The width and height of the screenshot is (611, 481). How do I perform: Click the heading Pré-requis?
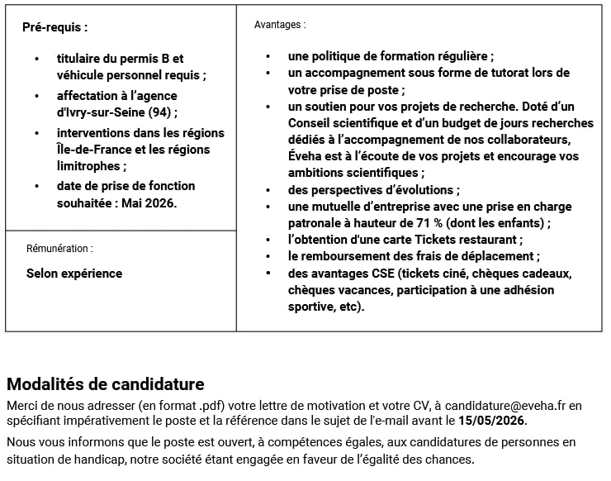pos(54,27)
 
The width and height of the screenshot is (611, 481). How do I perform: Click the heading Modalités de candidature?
pos(105,384)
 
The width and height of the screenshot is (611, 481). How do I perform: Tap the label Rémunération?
pos(59,248)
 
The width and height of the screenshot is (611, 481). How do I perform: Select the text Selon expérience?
pos(74,274)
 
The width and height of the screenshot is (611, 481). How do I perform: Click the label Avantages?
pos(279,25)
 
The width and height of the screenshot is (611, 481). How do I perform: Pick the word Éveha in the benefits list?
pos(305,156)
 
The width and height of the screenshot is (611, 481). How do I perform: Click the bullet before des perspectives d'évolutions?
pos(268,190)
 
